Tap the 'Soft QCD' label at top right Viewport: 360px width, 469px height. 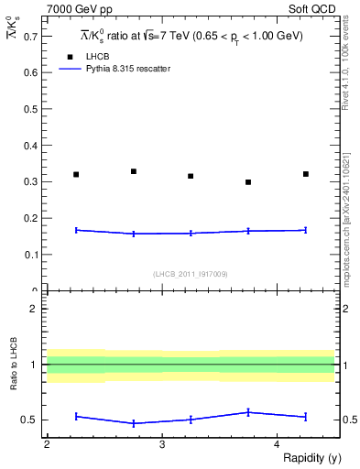pyautogui.click(x=314, y=8)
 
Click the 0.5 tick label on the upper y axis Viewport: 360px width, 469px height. pyautogui.click(x=30, y=109)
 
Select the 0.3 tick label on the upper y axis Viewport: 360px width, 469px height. pyautogui.click(x=30, y=181)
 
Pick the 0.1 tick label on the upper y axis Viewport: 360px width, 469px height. pyautogui.click(x=30, y=255)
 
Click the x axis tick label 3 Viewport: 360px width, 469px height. pyautogui.click(x=161, y=444)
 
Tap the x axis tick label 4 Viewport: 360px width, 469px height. pyautogui.click(x=277, y=444)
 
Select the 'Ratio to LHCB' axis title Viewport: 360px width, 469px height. pyautogui.click(x=14, y=364)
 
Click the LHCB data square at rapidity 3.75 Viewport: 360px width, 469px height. pyautogui.click(x=248, y=182)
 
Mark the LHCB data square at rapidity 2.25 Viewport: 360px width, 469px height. pyautogui.click(x=76, y=174)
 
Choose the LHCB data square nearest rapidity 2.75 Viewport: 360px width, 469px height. pyautogui.click(x=134, y=171)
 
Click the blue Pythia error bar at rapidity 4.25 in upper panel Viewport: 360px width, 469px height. pyautogui.click(x=305, y=230)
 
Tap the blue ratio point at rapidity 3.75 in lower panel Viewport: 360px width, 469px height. pyautogui.click(x=248, y=412)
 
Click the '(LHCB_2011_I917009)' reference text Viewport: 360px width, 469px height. pyautogui.click(x=191, y=274)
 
